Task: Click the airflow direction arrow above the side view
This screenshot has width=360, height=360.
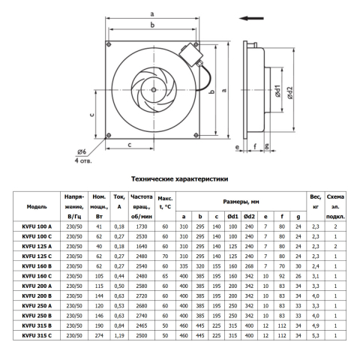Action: pyautogui.click(x=251, y=18)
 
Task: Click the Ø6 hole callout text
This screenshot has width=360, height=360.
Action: pyautogui.click(x=82, y=151)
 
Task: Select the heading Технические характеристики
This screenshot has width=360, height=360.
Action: pyautogui.click(x=180, y=179)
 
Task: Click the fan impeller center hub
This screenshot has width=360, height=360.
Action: pyautogui.click(x=154, y=90)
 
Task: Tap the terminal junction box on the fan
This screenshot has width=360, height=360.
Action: pyautogui.click(x=191, y=54)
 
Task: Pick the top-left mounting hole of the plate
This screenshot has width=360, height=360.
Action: pyautogui.click(x=109, y=44)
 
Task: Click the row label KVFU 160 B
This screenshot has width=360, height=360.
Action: pyautogui.click(x=37, y=266)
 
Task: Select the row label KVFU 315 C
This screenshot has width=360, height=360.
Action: pyautogui.click(x=37, y=335)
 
